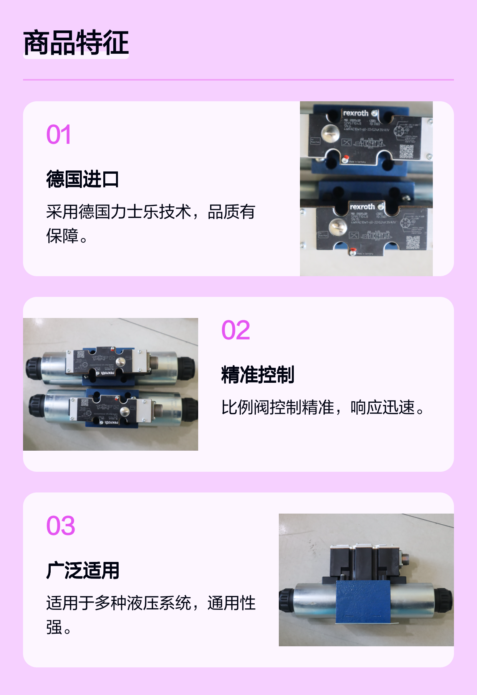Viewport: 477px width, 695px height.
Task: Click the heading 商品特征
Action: coord(76,43)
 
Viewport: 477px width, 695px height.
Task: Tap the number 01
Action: coord(59,135)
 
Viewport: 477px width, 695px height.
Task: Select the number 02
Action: coord(235,330)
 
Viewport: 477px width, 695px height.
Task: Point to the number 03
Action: coord(61,525)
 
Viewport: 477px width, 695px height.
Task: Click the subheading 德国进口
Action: coord(83,179)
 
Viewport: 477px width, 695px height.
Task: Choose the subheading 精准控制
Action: coord(257,375)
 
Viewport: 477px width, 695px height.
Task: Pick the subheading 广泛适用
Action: coord(83,570)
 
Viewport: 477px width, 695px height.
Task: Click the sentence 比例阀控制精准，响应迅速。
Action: coord(323,407)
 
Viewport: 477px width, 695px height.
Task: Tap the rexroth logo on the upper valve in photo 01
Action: coord(356,113)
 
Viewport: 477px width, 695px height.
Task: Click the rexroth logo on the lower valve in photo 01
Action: coord(362,207)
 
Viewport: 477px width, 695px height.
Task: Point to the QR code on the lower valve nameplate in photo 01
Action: coord(413,242)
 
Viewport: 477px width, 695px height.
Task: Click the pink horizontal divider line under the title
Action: coord(238,80)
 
